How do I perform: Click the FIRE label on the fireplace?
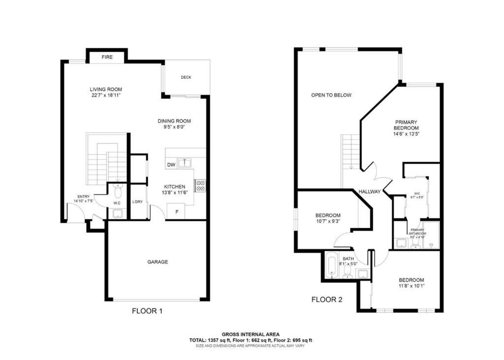(107, 57)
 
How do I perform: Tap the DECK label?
(186, 77)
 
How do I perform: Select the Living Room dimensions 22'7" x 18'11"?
(106, 95)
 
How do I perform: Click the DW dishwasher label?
(171, 165)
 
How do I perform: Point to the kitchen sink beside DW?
(185, 162)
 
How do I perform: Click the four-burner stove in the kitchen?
(200, 185)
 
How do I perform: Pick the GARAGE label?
(157, 262)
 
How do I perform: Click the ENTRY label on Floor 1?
(83, 197)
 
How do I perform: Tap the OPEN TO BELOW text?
(331, 95)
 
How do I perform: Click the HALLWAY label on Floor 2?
(369, 192)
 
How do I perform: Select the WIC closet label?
(417, 194)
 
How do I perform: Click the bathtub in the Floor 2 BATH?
(332, 266)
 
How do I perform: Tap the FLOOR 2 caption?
(327, 299)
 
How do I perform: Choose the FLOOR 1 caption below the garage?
(147, 311)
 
